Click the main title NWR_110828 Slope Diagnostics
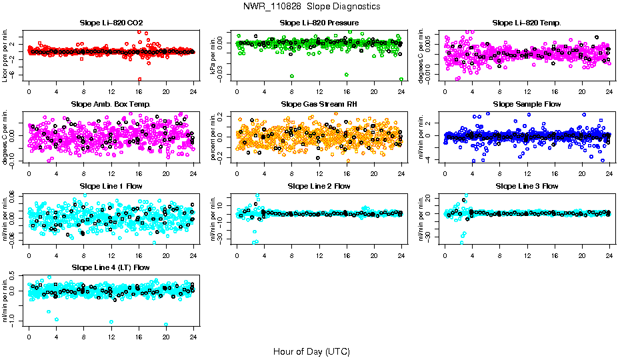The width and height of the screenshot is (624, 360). (311, 6)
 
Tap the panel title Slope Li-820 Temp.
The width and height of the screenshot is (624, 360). (527, 23)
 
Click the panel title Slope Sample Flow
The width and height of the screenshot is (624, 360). (527, 104)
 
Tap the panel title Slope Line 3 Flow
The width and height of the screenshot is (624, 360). (527, 186)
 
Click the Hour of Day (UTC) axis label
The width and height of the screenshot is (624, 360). (311, 351)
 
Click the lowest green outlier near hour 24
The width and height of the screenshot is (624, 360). (401, 79)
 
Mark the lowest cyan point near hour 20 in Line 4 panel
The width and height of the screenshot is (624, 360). (165, 325)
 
